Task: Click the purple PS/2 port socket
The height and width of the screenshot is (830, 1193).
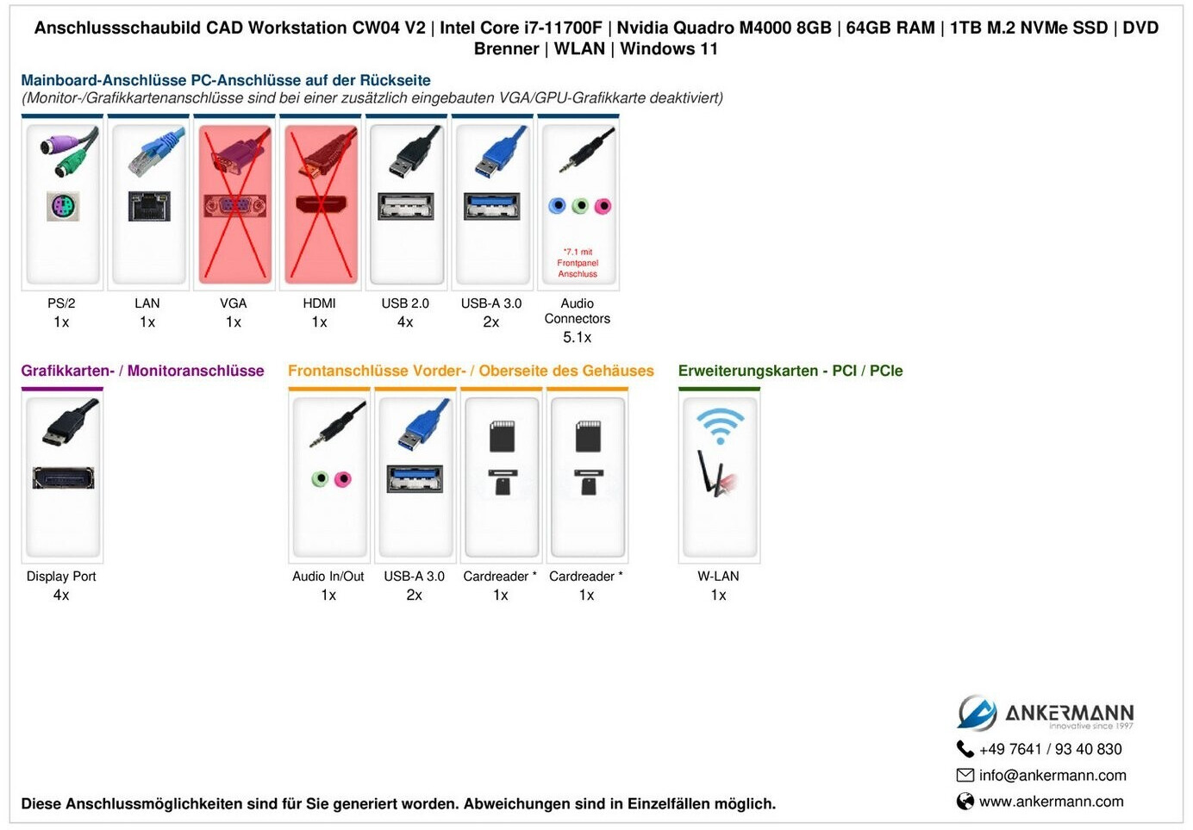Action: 62,207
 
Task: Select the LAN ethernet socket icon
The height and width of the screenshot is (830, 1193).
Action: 148,207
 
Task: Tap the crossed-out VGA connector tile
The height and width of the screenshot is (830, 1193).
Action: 234,204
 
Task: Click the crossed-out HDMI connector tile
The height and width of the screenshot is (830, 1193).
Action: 321,204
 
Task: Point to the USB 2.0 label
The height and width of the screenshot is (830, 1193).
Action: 405,303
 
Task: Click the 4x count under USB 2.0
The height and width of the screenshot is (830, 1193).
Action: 405,322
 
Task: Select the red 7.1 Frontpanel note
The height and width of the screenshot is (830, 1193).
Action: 578,263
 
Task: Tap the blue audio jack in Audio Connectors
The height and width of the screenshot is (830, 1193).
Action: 558,206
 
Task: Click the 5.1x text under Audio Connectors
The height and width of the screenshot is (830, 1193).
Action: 578,338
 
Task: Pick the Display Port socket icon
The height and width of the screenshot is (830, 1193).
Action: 63,477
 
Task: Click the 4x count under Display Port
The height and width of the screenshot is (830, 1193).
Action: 61,596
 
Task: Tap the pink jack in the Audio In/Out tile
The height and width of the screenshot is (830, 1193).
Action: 342,479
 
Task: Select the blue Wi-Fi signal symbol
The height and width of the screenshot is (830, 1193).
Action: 720,424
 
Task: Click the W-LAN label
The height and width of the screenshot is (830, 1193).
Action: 718,577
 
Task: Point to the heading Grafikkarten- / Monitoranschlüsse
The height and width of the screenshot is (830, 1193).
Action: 142,371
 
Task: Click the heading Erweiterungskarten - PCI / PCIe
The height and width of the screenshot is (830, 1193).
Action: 790,371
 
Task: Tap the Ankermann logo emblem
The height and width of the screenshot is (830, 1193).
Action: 977,713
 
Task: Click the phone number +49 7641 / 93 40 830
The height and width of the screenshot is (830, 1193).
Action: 1050,750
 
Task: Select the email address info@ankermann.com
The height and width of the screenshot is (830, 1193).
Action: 1052,776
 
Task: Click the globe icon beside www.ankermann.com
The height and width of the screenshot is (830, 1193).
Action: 965,802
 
